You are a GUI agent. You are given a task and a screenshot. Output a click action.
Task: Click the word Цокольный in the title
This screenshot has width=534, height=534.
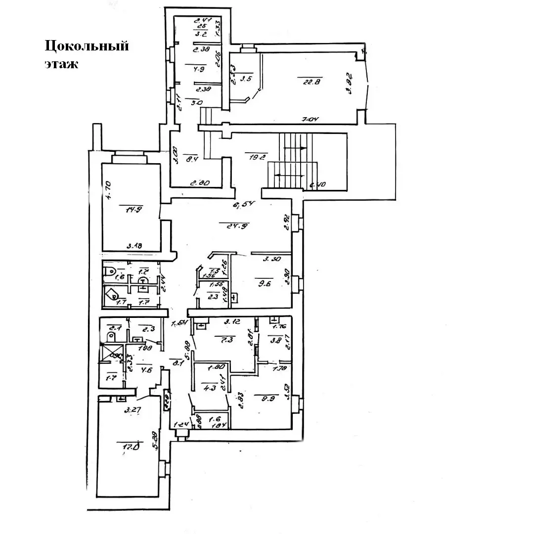[87, 46]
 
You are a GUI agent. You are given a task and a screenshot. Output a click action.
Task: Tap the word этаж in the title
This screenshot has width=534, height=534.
[61, 64]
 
